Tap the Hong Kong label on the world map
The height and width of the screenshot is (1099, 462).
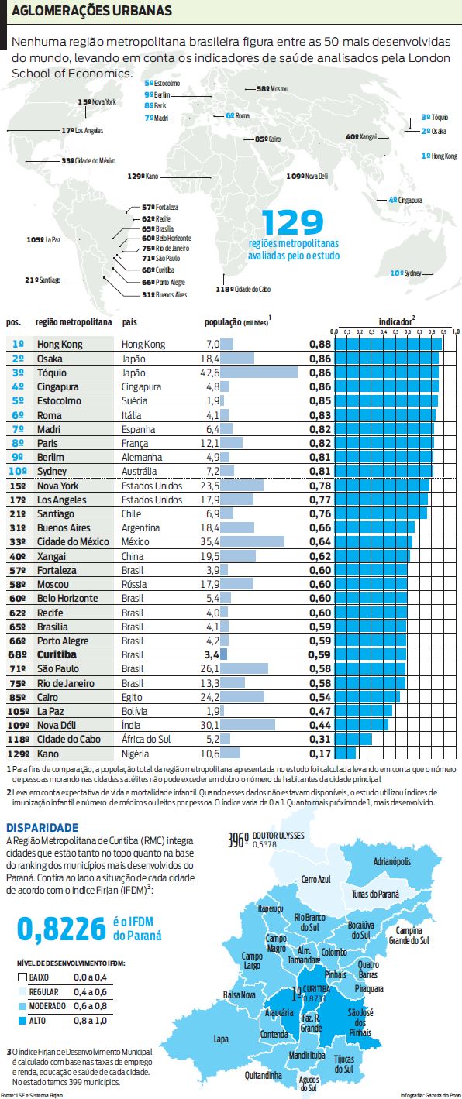[x=440, y=156]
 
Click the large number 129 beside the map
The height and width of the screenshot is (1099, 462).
[x=292, y=223]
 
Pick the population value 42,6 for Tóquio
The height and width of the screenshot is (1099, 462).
[x=211, y=373]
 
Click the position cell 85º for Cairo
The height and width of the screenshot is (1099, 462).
[x=19, y=696]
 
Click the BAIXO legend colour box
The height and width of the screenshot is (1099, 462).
[x=22, y=977]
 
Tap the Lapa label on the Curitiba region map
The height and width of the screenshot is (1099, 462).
[x=221, y=1039]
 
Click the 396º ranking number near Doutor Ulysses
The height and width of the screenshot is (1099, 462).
[x=239, y=840]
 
